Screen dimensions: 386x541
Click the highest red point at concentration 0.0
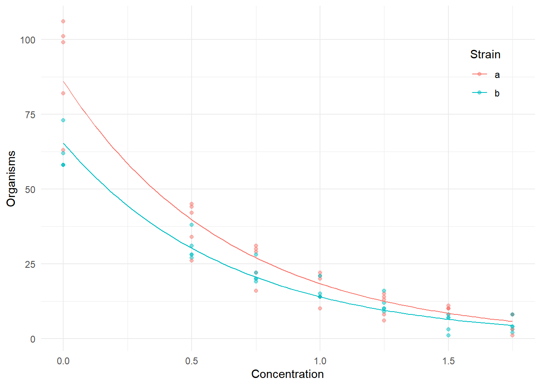pyautogui.click(x=63, y=21)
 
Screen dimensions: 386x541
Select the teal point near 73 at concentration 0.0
pyautogui.click(x=63, y=120)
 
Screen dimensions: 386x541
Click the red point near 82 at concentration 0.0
pyautogui.click(x=63, y=93)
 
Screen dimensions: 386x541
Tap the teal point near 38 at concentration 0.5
pyautogui.click(x=192, y=225)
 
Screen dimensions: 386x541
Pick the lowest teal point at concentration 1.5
pyautogui.click(x=448, y=335)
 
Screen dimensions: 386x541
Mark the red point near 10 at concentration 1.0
pyautogui.click(x=320, y=308)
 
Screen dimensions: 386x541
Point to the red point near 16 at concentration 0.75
pyautogui.click(x=256, y=291)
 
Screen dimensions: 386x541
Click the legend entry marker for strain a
pyautogui.click(x=479, y=74)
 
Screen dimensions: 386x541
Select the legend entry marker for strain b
pyautogui.click(x=479, y=92)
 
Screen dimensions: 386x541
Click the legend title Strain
pyautogui.click(x=485, y=55)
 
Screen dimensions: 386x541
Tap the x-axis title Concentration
pyautogui.click(x=287, y=374)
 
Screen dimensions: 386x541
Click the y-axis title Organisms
pyautogui.click(x=11, y=179)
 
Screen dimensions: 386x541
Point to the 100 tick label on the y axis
pyautogui.click(x=28, y=40)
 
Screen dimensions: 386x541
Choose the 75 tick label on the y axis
pyautogui.click(x=30, y=115)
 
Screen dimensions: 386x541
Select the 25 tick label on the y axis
pyautogui.click(x=30, y=264)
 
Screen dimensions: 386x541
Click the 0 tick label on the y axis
pyautogui.click(x=33, y=339)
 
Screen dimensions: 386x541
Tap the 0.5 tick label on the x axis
pyautogui.click(x=192, y=361)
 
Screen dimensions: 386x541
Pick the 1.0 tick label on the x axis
pyautogui.click(x=320, y=361)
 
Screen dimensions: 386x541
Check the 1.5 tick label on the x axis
pyautogui.click(x=448, y=361)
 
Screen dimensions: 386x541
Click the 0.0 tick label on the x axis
pyautogui.click(x=63, y=361)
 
